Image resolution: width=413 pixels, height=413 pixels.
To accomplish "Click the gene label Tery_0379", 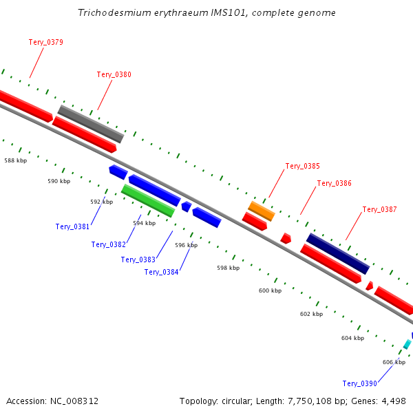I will (46, 42).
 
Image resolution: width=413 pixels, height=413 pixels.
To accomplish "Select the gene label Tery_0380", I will (114, 74).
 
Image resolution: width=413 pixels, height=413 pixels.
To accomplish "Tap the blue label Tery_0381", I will (72, 226).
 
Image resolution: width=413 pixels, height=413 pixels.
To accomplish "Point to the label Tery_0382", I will (109, 244).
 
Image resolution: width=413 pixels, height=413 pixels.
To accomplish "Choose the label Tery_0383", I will (138, 260).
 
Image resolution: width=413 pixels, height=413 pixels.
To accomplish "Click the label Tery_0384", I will (162, 272).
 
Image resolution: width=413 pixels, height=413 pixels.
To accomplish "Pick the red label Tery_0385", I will (303, 166).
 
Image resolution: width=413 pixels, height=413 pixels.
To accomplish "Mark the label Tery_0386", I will (335, 183).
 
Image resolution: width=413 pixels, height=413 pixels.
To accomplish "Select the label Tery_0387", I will (379, 209).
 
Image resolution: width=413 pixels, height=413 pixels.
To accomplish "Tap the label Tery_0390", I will (359, 383).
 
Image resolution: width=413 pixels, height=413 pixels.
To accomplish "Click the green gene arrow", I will (148, 200).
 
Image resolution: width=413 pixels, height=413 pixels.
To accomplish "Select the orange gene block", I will (262, 211).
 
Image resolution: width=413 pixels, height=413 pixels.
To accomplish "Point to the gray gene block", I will (90, 124).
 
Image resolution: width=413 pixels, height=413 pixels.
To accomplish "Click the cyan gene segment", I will (407, 344).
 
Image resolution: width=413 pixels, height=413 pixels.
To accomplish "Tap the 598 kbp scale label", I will (228, 268).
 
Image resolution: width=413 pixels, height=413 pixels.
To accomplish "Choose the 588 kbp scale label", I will (15, 160).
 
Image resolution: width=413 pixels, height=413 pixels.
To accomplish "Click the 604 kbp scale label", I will (352, 338).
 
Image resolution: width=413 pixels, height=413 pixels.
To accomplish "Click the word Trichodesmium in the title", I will (109, 13).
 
